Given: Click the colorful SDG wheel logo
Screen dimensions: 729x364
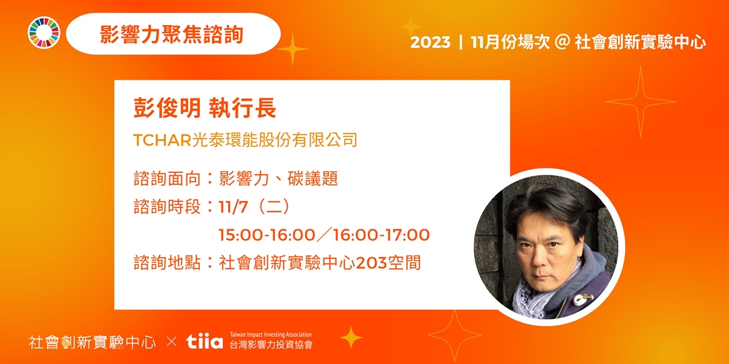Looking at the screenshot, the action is click(x=44, y=34).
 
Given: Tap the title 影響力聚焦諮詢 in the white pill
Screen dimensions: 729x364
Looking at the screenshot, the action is click(x=171, y=34).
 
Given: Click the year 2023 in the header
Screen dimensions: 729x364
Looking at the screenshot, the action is click(x=430, y=42).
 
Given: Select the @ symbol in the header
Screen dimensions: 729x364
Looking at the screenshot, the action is click(x=562, y=42).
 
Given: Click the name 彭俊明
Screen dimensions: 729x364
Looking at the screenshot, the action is click(x=162, y=109).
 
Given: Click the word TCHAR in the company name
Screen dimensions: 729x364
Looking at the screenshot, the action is click(x=162, y=140).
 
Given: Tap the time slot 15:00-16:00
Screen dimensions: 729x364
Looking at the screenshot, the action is click(x=267, y=235).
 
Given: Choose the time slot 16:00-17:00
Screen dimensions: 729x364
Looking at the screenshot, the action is click(x=381, y=235).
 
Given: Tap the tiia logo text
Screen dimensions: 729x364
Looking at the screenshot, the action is click(x=204, y=342).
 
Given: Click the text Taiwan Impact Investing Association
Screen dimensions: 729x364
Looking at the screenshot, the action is click(x=271, y=334).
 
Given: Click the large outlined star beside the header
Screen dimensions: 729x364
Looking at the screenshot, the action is click(x=640, y=102).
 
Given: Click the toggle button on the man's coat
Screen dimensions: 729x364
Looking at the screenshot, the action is click(x=583, y=298).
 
